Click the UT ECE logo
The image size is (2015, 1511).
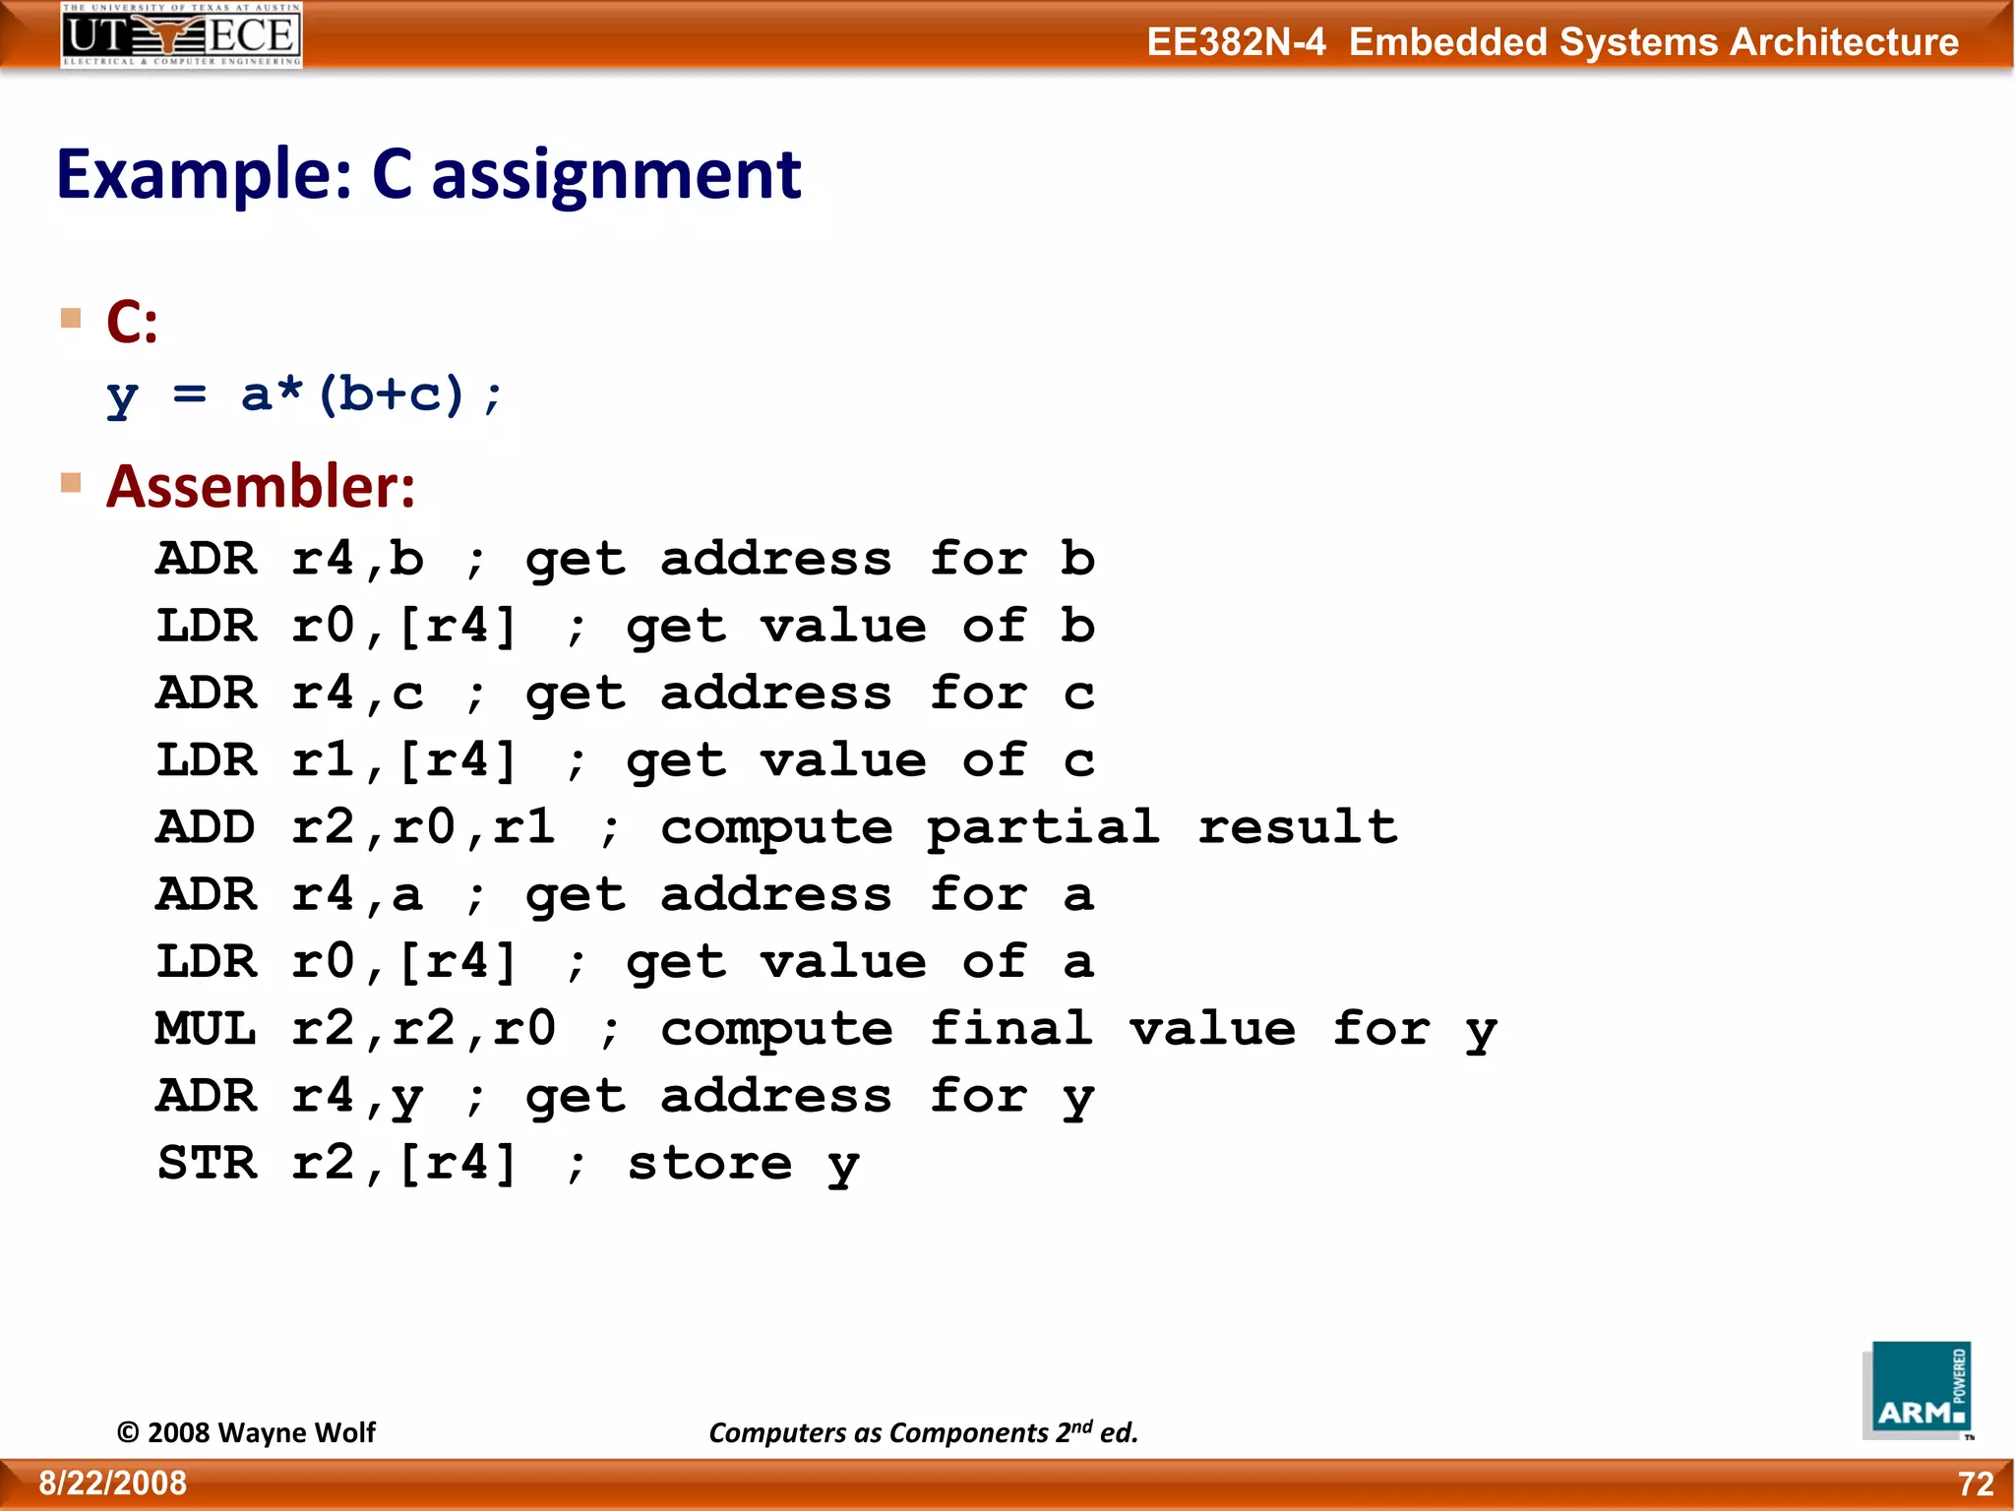pos(181,35)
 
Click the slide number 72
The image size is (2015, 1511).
pos(1976,1483)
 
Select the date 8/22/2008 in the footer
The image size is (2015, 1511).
pos(113,1483)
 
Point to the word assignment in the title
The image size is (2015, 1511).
pos(616,175)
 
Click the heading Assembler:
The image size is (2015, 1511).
pos(261,486)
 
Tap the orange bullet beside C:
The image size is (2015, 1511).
pos(71,319)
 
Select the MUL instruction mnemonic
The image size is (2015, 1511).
pos(207,1029)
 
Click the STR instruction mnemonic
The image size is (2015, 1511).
pos(207,1164)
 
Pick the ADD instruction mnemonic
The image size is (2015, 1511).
pos(207,827)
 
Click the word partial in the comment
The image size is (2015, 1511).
pos(1043,827)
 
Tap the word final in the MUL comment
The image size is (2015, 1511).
pos(1010,1029)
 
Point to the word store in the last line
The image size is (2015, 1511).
pos(708,1164)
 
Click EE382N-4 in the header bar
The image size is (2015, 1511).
pos(1236,42)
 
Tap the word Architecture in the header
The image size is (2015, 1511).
pos(1844,42)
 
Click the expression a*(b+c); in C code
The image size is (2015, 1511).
pos(372,394)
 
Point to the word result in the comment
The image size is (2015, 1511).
pos(1297,827)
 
